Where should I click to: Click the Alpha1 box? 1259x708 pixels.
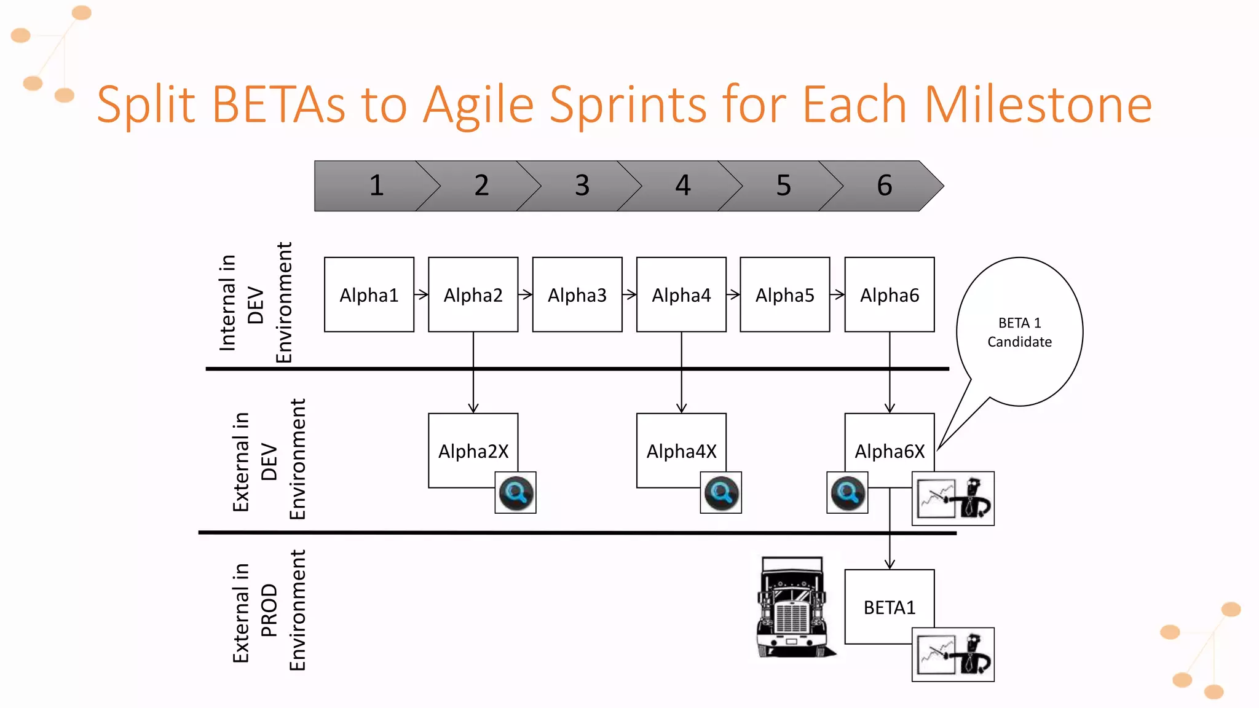pyautogui.click(x=369, y=295)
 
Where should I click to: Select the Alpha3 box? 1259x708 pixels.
pyautogui.click(x=577, y=295)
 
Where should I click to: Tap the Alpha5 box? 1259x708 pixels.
pyautogui.click(x=784, y=295)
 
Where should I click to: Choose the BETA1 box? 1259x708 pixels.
pyautogui.click(x=889, y=607)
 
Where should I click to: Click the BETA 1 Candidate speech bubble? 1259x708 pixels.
pyautogui.click(x=1019, y=332)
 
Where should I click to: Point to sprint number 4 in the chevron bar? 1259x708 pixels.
pyautogui.click(x=682, y=186)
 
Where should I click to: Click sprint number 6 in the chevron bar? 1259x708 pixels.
pyautogui.click(x=884, y=186)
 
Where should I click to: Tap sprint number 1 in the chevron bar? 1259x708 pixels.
pyautogui.click(x=376, y=186)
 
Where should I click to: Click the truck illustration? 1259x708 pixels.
pyautogui.click(x=792, y=607)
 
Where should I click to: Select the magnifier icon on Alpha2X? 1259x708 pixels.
pyautogui.click(x=516, y=493)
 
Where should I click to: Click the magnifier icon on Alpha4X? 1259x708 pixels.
pyautogui.click(x=721, y=493)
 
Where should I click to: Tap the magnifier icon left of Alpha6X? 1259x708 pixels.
pyautogui.click(x=847, y=493)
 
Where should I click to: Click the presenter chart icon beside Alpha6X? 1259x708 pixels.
pyautogui.click(x=953, y=498)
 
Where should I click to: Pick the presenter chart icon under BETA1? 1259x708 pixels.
pyautogui.click(x=953, y=655)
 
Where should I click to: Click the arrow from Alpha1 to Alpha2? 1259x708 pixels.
pyautogui.click(x=421, y=295)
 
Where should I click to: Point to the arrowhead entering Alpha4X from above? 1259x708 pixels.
pyautogui.click(x=681, y=407)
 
